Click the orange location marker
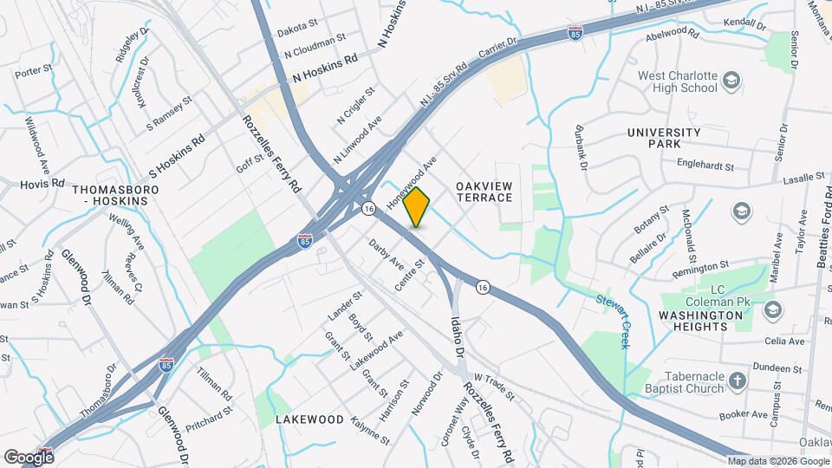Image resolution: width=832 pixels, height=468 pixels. point(417,206)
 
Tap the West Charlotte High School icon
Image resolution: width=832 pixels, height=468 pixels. point(733,81)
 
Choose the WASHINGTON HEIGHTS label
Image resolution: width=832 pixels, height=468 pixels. point(701,321)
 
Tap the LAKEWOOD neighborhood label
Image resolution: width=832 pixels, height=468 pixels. point(309,419)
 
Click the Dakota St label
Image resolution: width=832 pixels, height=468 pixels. point(297,31)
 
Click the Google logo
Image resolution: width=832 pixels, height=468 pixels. point(29,457)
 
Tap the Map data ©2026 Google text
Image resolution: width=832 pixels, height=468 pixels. point(778,461)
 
